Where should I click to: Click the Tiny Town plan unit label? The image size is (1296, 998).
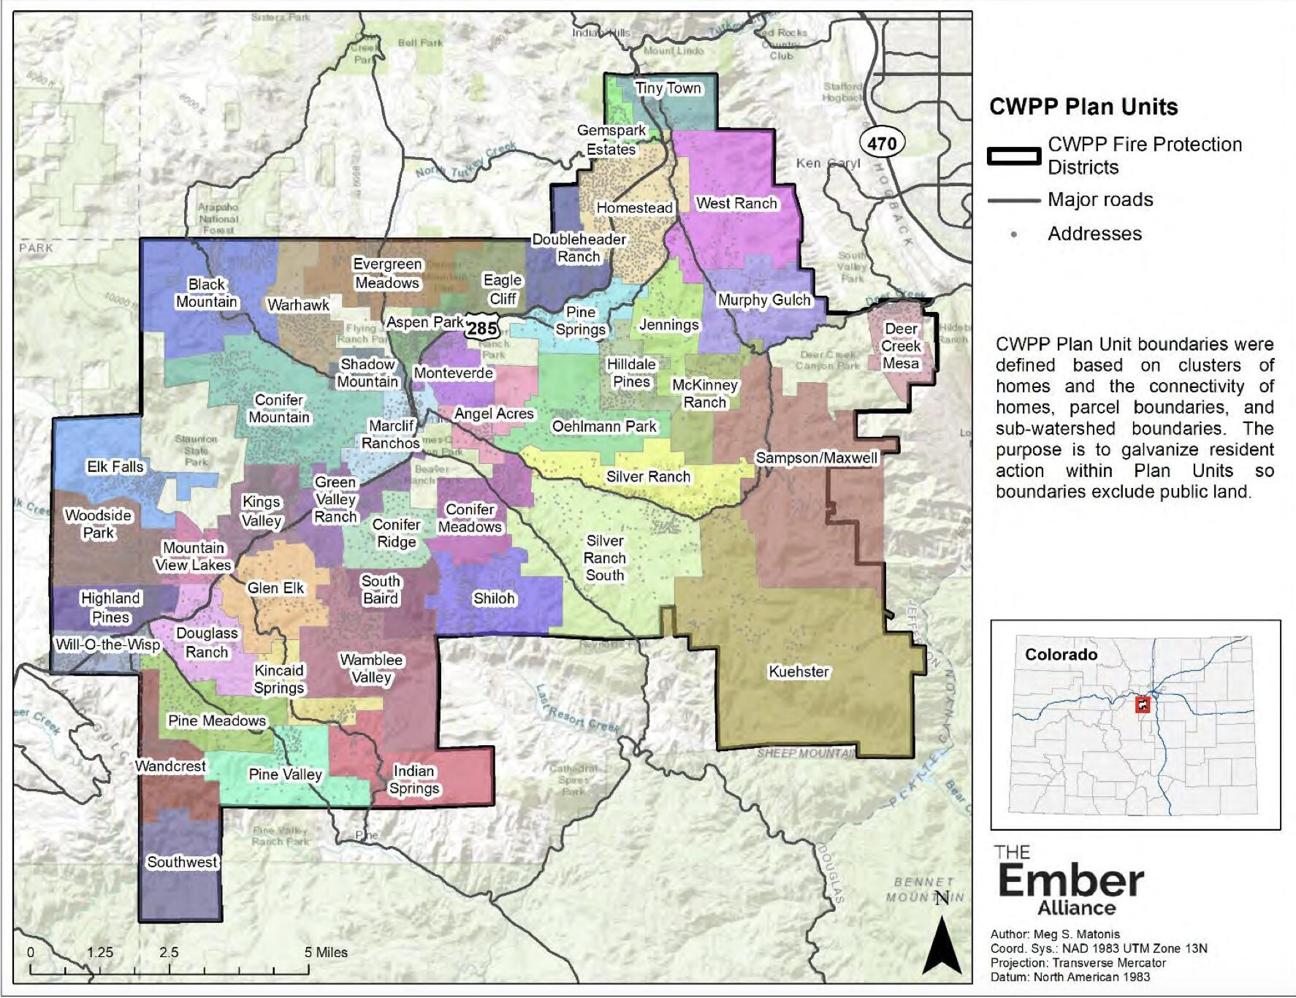tap(668, 88)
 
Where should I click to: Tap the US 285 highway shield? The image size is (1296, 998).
tap(482, 328)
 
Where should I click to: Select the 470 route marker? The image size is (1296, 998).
tap(882, 143)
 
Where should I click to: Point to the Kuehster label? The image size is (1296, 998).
tap(798, 671)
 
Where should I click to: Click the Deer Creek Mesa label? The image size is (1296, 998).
tap(900, 346)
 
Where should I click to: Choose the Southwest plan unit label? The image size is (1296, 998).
tap(182, 862)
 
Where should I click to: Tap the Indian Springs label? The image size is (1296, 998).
tap(414, 780)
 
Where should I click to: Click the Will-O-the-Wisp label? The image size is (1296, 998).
tap(107, 644)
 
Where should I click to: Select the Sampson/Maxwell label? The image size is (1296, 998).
tap(816, 458)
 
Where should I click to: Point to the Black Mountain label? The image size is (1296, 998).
tap(207, 293)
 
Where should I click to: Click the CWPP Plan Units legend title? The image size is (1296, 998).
tap(1083, 107)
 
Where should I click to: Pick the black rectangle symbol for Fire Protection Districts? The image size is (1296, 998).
tap(1013, 156)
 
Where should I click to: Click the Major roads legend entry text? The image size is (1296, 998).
tap(1099, 199)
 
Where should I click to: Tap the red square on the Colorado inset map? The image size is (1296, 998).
tap(1142, 705)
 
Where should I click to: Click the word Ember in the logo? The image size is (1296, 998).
tap(1070, 881)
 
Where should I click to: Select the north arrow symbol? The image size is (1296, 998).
tap(942, 943)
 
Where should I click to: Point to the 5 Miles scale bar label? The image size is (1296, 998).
tap(326, 952)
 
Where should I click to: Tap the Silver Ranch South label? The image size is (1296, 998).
tap(605, 557)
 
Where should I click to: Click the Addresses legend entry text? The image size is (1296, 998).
tap(1094, 234)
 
